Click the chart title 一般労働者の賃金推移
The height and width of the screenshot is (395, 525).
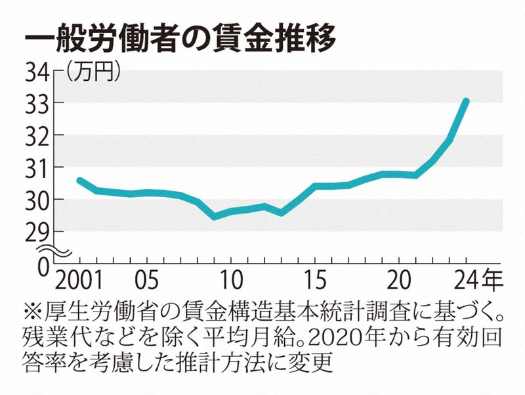point(180,37)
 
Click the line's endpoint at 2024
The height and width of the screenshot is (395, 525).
point(466,101)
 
